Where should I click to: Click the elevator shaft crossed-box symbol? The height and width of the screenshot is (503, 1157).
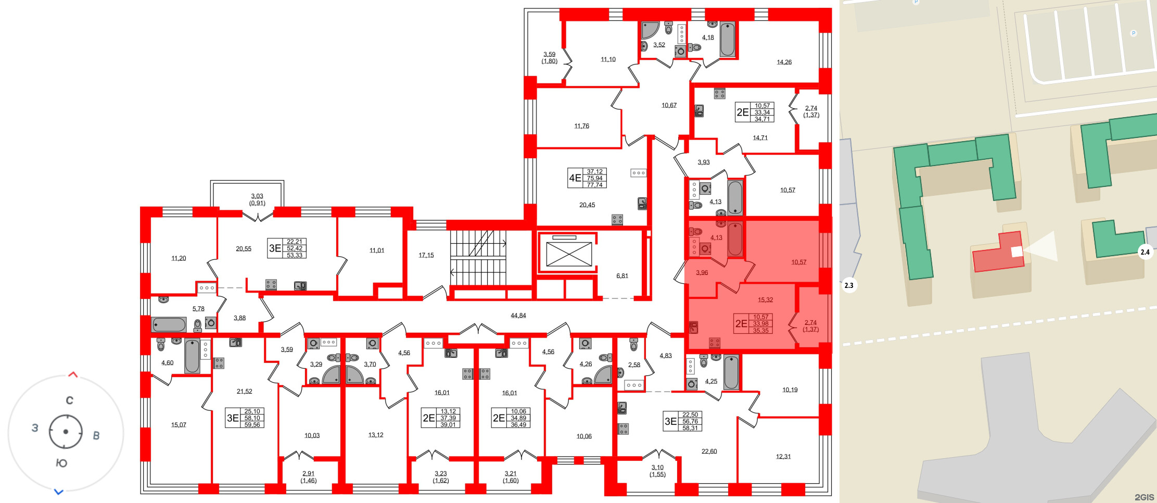tap(569, 255)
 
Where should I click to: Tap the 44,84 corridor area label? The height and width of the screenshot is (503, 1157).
tap(518, 316)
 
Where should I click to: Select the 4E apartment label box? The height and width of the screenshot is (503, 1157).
tap(587, 178)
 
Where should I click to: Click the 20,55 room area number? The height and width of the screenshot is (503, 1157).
tap(244, 249)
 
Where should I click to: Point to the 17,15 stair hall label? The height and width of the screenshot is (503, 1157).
tap(426, 255)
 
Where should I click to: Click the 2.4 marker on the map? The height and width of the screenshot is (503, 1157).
tap(1145, 252)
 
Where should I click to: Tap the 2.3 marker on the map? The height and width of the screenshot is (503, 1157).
tap(848, 285)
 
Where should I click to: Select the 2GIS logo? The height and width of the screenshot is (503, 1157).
tap(1144, 497)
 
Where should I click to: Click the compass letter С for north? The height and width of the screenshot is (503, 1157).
tap(70, 400)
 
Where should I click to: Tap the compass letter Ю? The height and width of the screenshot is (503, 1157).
tap(61, 463)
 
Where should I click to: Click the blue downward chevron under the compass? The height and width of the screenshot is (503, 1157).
tap(59, 492)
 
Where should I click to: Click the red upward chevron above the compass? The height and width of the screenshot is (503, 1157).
tap(73, 374)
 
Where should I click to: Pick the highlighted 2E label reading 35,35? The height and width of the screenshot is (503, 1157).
tap(753, 323)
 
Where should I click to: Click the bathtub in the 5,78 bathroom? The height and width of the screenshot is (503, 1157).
tap(169, 325)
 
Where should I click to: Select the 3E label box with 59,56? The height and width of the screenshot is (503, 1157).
tap(245, 418)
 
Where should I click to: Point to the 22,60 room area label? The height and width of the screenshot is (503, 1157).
tap(709, 451)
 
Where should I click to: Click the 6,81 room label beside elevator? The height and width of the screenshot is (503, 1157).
tap(622, 276)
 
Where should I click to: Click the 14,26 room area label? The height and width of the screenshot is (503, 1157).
tap(784, 62)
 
